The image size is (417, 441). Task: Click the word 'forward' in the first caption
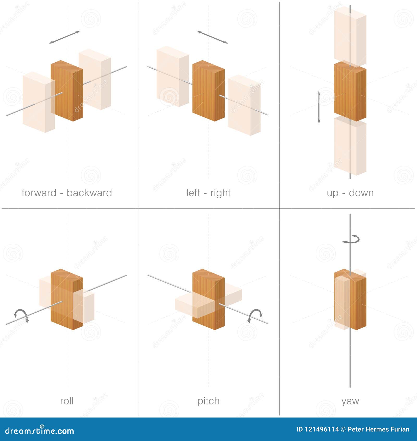(39, 193)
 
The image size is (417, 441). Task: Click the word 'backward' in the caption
(89, 193)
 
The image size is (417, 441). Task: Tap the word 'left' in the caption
(193, 193)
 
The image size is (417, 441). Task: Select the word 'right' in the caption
(220, 193)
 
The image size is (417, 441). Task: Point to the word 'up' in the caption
(333, 194)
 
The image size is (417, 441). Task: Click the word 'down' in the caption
(361, 193)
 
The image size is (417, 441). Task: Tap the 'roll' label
(67, 401)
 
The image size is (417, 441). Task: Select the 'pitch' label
(208, 401)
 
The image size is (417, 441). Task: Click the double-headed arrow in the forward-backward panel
(64, 37)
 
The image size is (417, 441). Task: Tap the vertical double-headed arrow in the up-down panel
(319, 107)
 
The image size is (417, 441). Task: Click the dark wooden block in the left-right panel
(208, 91)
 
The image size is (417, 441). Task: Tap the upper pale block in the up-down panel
(350, 37)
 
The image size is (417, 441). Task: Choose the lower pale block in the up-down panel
(350, 145)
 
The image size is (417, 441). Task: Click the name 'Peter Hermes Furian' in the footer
(378, 429)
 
